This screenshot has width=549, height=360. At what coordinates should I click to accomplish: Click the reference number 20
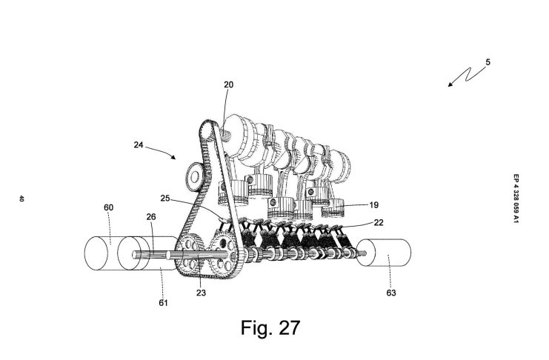click(228, 84)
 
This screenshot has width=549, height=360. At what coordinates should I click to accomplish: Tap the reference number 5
click(488, 62)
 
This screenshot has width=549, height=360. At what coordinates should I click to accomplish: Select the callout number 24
click(139, 144)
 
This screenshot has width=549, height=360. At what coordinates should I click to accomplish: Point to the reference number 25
click(165, 199)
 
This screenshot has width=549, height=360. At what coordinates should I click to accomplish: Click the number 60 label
click(108, 207)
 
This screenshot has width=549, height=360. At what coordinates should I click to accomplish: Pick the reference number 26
click(151, 217)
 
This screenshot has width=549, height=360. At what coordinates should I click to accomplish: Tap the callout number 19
click(374, 205)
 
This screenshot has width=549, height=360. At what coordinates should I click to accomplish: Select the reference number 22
click(379, 222)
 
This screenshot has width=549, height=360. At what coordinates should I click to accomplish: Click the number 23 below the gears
click(201, 293)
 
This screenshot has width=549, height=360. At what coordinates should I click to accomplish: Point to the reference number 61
click(163, 303)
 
